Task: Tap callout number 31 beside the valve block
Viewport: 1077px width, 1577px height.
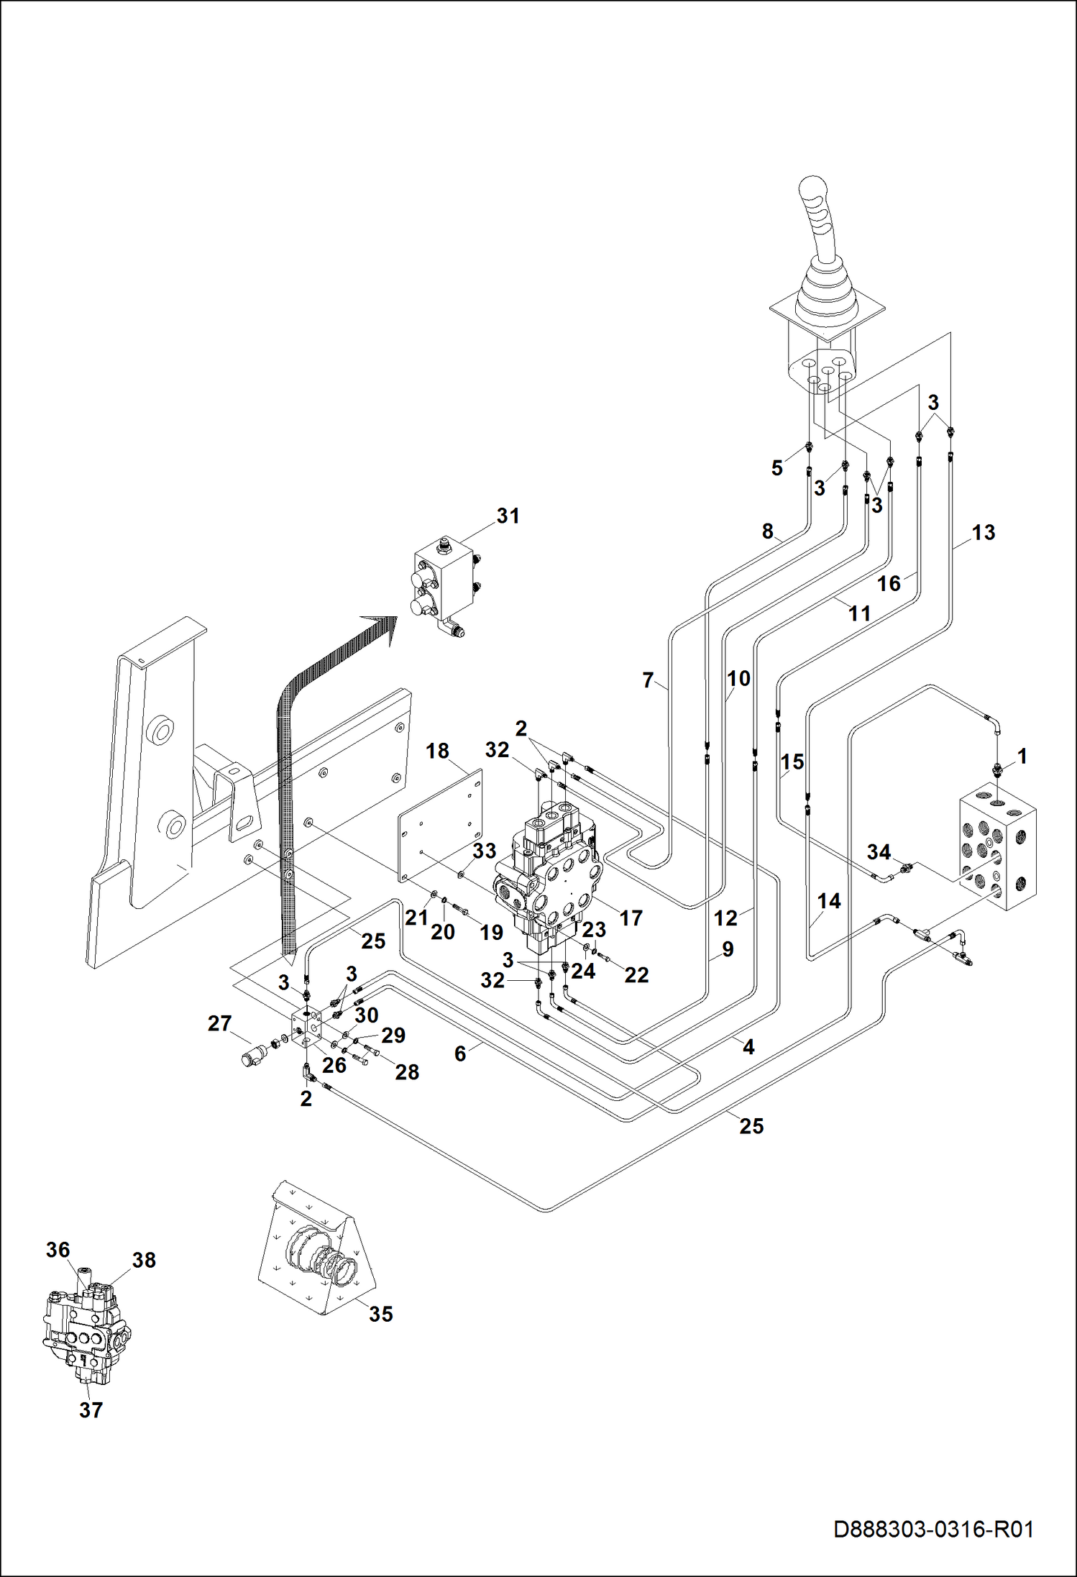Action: pos(508,516)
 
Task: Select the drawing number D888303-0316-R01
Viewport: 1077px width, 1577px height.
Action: pos(933,1529)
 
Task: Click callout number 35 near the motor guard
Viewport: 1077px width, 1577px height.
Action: pos(381,1314)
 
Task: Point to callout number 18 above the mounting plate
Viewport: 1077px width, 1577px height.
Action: pos(437,751)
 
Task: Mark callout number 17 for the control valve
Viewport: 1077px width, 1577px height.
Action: pos(631,918)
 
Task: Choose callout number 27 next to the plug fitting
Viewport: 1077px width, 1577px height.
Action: pos(220,1023)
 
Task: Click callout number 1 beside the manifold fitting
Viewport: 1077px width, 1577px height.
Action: pos(1022,756)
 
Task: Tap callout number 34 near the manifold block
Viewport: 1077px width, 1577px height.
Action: pos(879,852)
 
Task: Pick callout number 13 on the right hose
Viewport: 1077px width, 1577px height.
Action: pos(984,532)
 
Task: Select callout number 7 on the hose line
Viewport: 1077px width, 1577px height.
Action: pos(648,680)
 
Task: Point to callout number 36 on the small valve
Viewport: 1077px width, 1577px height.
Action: pos(58,1250)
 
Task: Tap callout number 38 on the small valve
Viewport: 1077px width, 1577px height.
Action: pos(144,1260)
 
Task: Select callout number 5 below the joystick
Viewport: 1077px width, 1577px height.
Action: pos(776,468)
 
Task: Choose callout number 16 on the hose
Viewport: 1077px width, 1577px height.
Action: pos(889,583)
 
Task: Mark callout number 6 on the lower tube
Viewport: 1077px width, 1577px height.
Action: pos(460,1053)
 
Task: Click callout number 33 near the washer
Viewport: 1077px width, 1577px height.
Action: pos(484,851)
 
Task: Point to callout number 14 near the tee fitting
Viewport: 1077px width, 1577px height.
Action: pos(829,901)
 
